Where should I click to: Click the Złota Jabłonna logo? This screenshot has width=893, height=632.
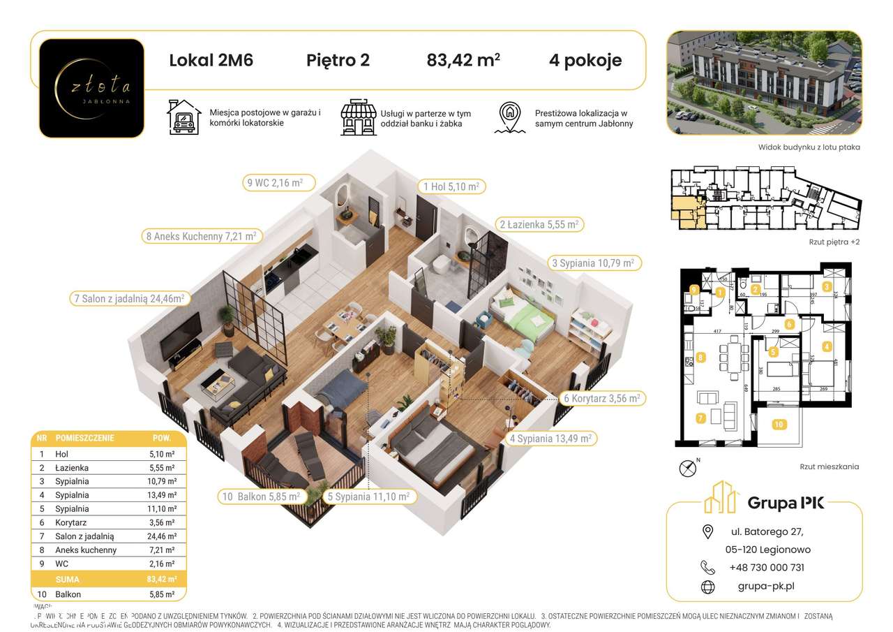pos(91,87)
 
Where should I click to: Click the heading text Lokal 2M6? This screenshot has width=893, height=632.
pos(211,60)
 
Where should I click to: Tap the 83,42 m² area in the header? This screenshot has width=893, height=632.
pos(463,60)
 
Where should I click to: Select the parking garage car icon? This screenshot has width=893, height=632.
pos(183,117)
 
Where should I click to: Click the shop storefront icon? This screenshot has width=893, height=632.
pos(357,117)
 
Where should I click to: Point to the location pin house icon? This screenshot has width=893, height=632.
pos(510,117)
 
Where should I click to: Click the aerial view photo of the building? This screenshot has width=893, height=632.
pos(763,82)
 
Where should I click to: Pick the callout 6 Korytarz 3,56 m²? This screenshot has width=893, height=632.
pos(602,398)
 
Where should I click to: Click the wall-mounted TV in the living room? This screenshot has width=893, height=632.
pos(180,335)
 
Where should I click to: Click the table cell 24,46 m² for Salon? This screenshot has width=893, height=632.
pos(160,536)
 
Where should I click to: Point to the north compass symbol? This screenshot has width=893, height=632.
pos(687,467)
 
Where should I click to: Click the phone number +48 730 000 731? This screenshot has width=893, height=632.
pos(766,568)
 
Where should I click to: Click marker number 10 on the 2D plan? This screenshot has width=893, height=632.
pos(779,424)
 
